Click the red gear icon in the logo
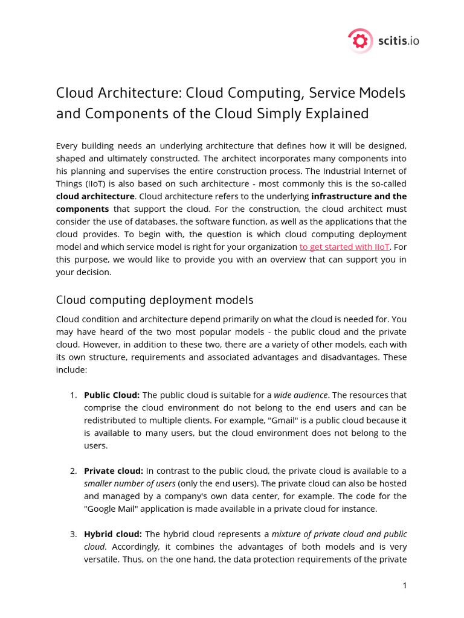[x=360, y=41]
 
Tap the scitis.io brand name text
[x=398, y=41]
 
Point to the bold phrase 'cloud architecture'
[x=95, y=196]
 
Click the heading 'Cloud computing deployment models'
[x=155, y=300]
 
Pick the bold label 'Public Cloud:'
[x=112, y=395]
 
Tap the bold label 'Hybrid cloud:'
[x=113, y=534]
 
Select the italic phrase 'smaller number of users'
[x=129, y=483]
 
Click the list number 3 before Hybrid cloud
[x=72, y=534]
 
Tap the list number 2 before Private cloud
[x=72, y=471]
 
